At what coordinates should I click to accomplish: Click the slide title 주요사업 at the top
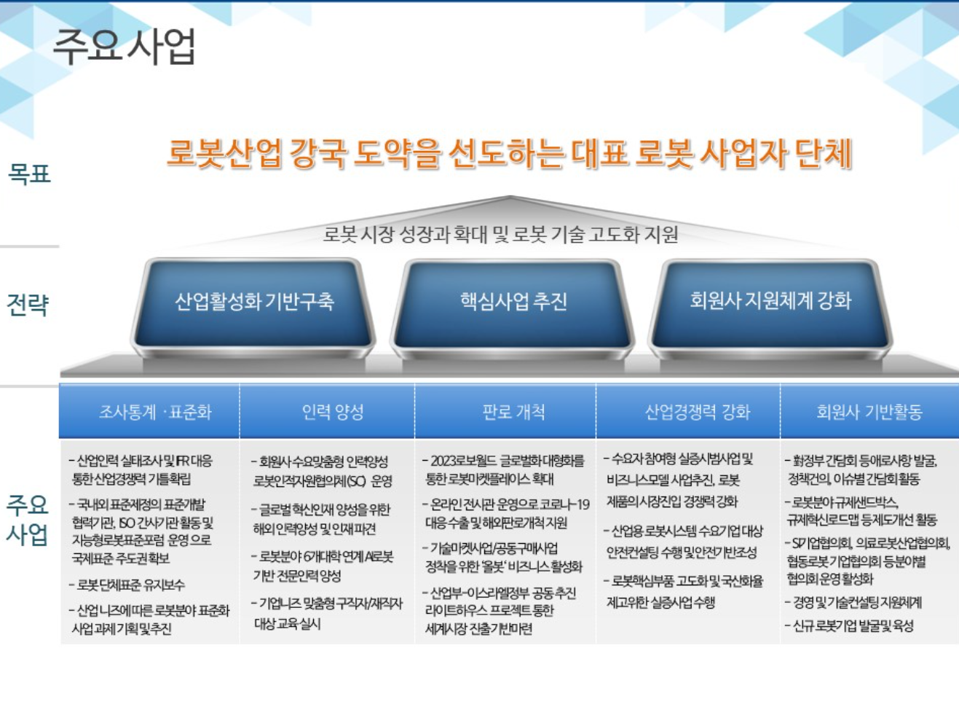[x=125, y=47]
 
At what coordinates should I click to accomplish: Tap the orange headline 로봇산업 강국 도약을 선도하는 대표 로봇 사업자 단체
[x=509, y=154]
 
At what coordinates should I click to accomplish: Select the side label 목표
[x=29, y=174]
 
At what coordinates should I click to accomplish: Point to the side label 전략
[x=28, y=305]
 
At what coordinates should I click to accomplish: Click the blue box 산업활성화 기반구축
[x=254, y=301]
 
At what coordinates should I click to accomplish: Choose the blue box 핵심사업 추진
[x=513, y=301]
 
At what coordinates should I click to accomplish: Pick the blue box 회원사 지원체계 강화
[x=770, y=300]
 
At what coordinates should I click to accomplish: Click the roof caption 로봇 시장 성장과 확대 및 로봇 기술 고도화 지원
[x=500, y=235]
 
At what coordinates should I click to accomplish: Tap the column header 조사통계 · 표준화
[x=155, y=413]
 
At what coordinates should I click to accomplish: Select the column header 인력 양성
[x=332, y=413]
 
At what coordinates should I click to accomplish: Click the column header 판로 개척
[x=513, y=413]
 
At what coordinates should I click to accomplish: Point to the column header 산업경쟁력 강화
[x=697, y=413]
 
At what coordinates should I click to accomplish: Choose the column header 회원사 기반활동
[x=869, y=413]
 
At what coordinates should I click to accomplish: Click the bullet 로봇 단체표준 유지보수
[x=131, y=585]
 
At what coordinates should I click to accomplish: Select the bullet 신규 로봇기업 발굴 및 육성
[x=853, y=626]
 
